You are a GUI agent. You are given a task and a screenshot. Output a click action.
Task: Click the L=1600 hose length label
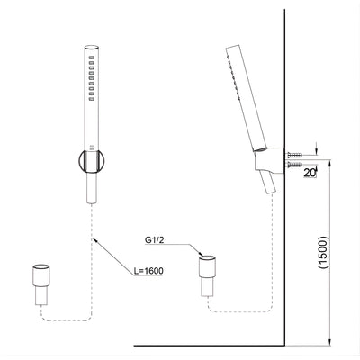(x=147, y=270)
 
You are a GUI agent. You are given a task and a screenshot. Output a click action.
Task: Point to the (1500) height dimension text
(x=336, y=256)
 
